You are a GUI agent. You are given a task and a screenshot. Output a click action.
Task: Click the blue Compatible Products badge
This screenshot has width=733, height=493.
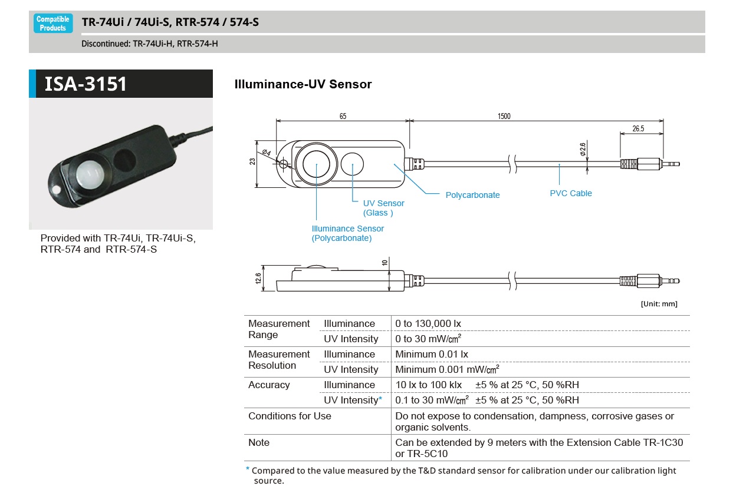pos(53,24)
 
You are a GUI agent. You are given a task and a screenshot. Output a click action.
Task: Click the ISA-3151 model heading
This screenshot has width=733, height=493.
pos(86,84)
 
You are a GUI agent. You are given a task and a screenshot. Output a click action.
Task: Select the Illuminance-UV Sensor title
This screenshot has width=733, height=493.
pos(303,84)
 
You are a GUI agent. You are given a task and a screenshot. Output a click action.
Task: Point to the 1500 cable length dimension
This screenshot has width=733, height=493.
pos(504,117)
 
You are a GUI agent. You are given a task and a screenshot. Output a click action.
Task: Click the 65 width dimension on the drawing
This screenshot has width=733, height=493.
pos(343,117)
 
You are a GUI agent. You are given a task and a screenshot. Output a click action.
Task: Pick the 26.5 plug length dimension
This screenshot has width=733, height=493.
pos(638,128)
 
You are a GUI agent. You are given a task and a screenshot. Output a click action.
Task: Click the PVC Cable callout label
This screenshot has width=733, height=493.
pos(570,193)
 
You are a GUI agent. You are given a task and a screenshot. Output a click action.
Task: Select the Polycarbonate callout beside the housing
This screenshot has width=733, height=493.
pos(472,195)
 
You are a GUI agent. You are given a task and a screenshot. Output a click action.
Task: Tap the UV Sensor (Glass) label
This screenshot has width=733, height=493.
pos(383,208)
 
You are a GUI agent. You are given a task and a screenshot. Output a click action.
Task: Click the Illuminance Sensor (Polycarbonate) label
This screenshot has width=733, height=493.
pos(347,233)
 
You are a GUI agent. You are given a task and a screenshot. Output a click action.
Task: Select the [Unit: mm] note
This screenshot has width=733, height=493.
pos(659,304)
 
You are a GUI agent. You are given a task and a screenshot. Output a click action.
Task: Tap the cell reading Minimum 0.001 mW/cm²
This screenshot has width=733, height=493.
pos(447,369)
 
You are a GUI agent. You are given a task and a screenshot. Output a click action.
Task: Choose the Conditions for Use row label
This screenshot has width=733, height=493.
pos(290,416)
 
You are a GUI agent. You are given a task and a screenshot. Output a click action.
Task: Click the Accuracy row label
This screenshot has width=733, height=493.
pos(269,385)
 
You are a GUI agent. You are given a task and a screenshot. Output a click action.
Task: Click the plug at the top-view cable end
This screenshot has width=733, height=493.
pos(649,164)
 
